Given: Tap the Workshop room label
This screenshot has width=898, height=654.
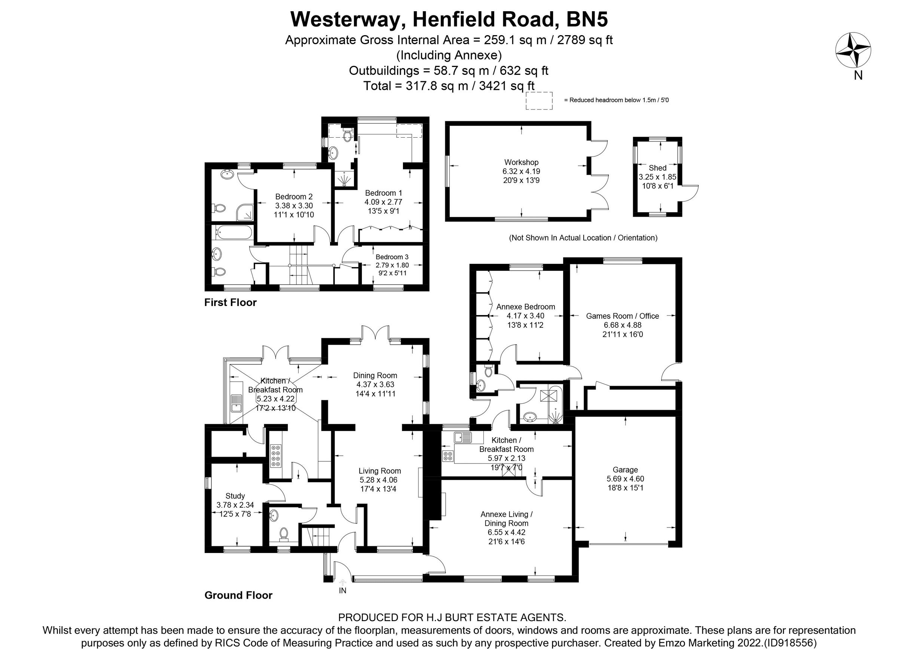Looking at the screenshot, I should click(x=521, y=162).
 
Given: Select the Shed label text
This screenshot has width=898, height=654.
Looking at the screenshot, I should click(x=657, y=168).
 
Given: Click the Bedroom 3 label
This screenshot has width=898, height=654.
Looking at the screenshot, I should click(x=392, y=257).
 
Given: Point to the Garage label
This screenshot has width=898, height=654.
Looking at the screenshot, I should click(x=625, y=470).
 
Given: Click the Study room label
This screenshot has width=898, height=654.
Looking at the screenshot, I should click(x=235, y=496).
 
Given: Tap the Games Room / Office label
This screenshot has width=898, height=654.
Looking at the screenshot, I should click(x=622, y=316).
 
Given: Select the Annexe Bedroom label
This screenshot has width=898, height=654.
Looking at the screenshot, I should click(x=525, y=307).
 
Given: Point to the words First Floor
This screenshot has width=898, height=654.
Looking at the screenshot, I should click(x=230, y=302).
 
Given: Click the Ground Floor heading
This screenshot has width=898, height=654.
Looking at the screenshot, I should click(x=238, y=595).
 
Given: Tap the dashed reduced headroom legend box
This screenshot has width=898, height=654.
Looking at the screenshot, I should click(x=539, y=101).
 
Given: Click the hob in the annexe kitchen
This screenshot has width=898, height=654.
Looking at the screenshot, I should click(x=448, y=456).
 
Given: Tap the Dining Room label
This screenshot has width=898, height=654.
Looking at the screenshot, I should click(x=375, y=375).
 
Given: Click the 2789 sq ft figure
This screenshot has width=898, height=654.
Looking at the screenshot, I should click(x=585, y=40).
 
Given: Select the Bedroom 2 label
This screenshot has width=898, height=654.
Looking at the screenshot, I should click(x=294, y=197).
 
